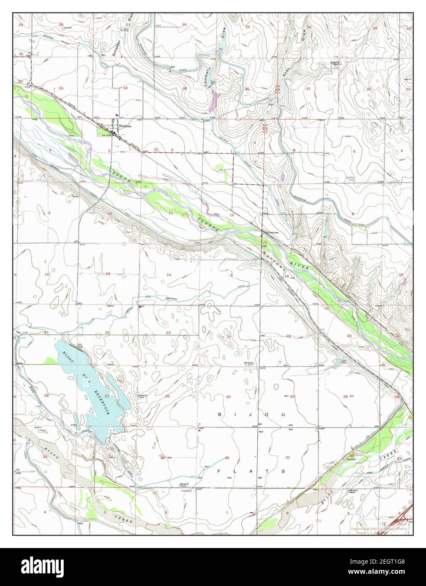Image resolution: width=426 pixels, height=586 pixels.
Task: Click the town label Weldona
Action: (x=125, y=126)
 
